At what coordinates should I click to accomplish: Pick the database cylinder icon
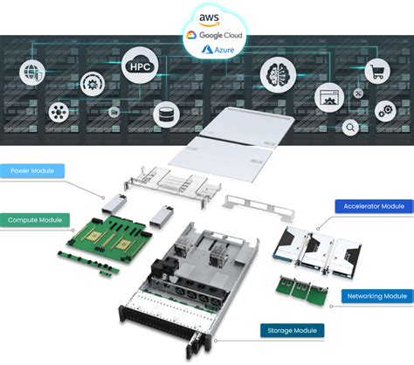coord(162,114)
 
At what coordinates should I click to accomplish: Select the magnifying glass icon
coord(350,127)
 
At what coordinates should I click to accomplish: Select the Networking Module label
coord(375,296)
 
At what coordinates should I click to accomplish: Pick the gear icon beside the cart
coord(385,112)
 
